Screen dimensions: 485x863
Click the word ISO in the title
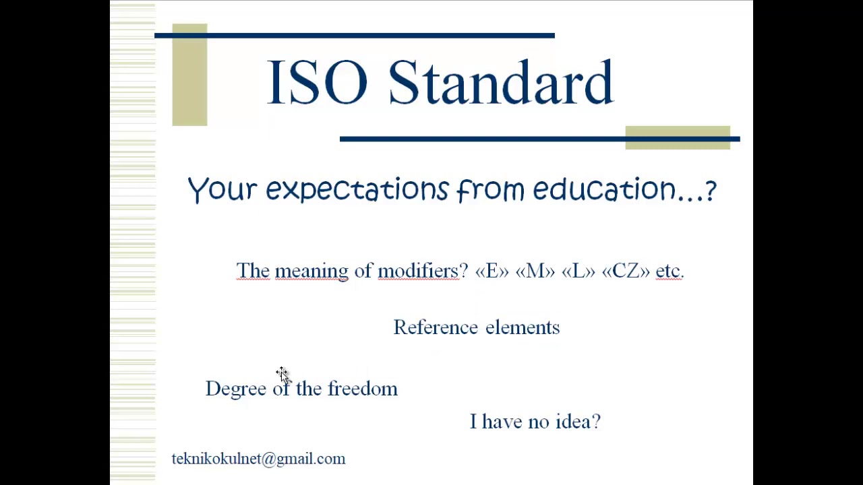point(317,83)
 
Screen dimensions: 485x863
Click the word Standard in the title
point(500,83)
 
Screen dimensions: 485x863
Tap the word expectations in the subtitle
point(357,190)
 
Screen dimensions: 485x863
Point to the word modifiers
point(417,271)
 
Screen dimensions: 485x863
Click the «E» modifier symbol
point(492,271)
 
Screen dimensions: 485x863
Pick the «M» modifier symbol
point(535,271)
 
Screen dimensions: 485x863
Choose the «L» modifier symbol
point(578,271)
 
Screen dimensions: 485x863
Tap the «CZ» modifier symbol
point(626,271)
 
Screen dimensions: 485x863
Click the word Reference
point(436,327)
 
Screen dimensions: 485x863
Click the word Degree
point(235,389)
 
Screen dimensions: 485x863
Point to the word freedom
point(363,389)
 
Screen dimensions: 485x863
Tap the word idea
point(578,422)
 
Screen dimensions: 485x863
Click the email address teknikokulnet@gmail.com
point(258,459)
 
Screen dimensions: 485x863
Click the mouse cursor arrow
point(282,374)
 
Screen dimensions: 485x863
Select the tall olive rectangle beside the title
point(189,74)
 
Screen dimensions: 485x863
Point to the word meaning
point(311,271)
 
